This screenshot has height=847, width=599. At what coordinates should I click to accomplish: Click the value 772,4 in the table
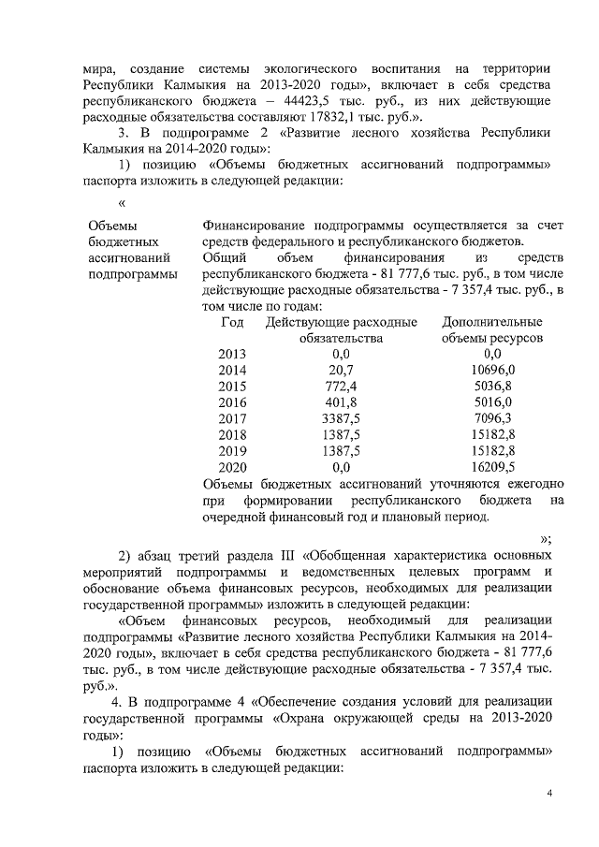(x=340, y=387)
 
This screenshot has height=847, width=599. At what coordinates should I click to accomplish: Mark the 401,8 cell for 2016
(x=340, y=402)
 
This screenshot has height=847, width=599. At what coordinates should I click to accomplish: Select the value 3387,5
(x=340, y=418)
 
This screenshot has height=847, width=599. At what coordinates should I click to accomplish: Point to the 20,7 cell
(x=340, y=371)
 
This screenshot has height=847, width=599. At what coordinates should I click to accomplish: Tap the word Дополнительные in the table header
(x=492, y=322)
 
